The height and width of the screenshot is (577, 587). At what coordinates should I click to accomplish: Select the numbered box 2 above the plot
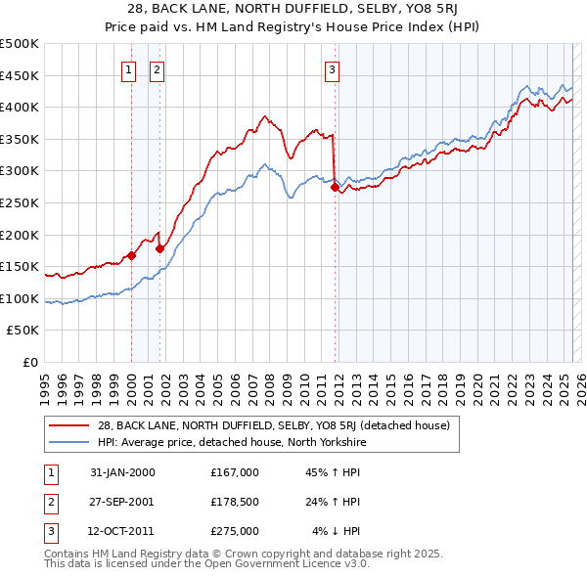pos(157,69)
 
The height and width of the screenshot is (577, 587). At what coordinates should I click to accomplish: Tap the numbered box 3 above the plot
pos(332,69)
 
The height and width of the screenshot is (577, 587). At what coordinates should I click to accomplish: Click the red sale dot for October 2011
pos(335,187)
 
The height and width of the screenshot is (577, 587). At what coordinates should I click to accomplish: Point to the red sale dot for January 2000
pos(131,255)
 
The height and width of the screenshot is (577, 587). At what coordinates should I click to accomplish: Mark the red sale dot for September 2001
pos(159,248)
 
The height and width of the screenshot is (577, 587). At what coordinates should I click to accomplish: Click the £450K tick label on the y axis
pos(20,75)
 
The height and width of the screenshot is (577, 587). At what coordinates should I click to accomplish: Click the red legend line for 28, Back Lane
pos(71,425)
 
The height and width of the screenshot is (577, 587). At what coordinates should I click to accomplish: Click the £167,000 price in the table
pos(235,473)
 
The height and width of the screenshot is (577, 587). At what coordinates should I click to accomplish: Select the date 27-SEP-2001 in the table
pos(122,503)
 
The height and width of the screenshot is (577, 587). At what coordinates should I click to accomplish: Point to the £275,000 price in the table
pos(235,532)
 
